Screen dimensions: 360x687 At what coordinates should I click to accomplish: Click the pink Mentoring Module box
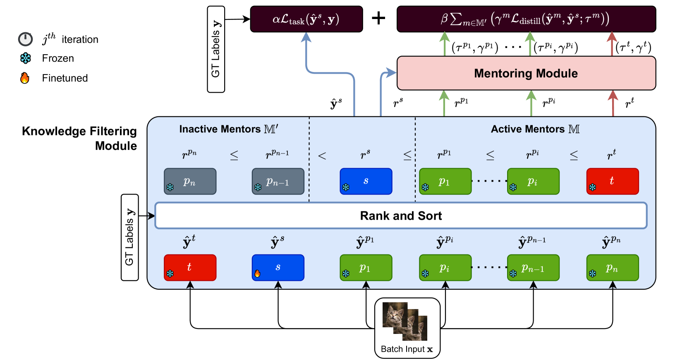point(526,73)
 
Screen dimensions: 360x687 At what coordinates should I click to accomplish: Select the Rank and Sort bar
point(400,216)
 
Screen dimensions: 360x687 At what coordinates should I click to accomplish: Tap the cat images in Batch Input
point(405,321)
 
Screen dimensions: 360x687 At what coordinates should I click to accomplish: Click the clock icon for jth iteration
point(25,39)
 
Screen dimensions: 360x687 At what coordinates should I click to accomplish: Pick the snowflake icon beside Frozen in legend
point(26,58)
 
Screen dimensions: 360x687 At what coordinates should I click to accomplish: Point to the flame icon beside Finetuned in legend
point(25,78)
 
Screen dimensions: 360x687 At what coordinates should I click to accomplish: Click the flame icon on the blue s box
point(257,274)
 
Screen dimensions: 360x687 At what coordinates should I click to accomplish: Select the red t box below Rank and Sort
point(190,268)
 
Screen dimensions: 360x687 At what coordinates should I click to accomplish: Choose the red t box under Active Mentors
point(612,181)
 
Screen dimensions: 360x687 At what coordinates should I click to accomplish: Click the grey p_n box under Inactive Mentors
point(190,181)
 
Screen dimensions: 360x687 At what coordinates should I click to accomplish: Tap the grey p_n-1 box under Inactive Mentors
point(278,181)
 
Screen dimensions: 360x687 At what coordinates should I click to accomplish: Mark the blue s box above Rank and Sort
point(366,181)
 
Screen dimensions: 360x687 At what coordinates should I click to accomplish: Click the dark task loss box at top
point(306,19)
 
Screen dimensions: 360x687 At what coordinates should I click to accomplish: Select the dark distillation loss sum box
point(526,19)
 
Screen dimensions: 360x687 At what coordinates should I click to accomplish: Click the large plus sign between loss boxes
point(378,18)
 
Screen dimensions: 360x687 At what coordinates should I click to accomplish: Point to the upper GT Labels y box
point(216,49)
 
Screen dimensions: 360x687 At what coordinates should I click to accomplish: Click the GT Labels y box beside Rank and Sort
point(129,237)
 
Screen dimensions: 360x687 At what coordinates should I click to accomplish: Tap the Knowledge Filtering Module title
point(79,138)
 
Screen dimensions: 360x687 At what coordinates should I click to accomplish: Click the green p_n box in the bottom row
point(612,268)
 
